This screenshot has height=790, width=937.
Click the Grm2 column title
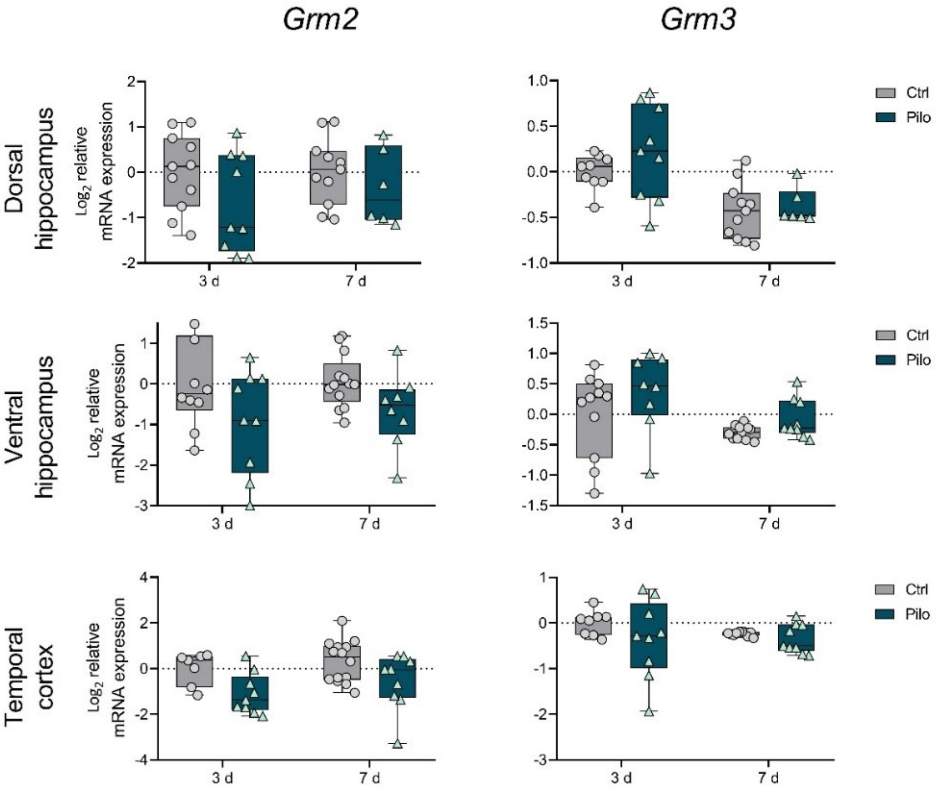click(321, 20)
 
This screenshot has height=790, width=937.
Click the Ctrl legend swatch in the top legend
click(885, 93)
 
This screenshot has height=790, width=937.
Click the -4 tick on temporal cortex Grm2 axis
click(142, 760)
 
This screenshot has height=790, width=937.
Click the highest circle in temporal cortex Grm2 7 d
click(342, 621)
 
